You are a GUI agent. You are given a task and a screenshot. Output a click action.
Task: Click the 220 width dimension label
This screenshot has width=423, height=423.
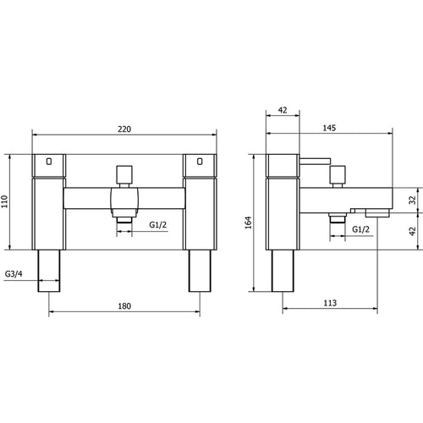(x=124, y=129)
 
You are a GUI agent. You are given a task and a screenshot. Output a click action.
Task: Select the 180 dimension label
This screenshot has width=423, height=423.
(x=124, y=306)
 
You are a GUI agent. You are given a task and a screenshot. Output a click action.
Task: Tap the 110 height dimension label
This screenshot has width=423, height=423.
(x=5, y=201)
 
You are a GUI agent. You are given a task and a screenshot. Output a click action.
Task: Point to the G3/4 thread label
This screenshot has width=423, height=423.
(x=14, y=274)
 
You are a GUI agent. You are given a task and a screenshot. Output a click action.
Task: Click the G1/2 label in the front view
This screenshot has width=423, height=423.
(x=158, y=225)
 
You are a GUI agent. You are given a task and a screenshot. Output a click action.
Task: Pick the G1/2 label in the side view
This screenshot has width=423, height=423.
(x=360, y=229)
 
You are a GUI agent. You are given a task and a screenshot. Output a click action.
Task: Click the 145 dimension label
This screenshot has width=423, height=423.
(x=329, y=128)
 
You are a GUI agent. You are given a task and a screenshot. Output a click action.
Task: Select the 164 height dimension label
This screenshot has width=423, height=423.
(x=248, y=222)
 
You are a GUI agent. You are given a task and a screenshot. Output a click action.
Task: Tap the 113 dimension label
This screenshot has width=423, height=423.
(x=330, y=303)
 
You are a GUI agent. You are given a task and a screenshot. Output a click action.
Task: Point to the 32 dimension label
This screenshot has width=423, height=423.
(x=413, y=201)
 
